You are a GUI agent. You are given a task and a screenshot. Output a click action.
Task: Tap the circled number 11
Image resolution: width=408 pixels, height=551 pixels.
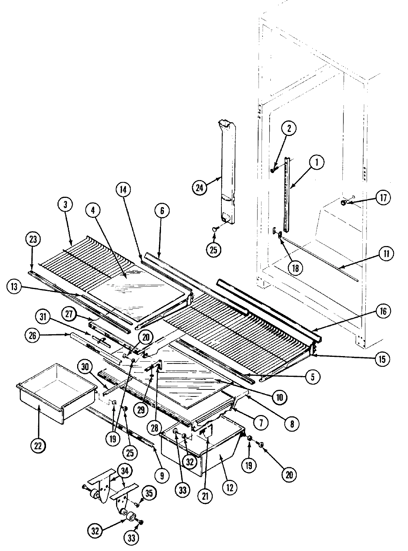coord(386,254)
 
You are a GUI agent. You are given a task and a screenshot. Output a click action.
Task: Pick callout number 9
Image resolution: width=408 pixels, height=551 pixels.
coord(162,475)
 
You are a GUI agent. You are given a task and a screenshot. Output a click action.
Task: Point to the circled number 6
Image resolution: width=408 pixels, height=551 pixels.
coord(162,211)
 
